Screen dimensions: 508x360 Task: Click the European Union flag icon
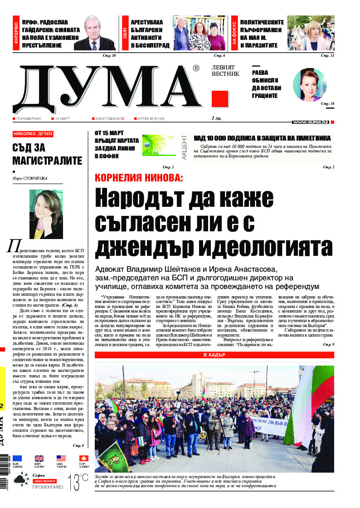(x=17, y=458)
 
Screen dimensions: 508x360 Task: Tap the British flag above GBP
(x=39, y=458)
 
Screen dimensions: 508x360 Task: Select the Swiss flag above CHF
(x=83, y=458)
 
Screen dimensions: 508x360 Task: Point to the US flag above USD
(x=61, y=458)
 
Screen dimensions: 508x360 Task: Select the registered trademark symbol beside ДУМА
(x=195, y=68)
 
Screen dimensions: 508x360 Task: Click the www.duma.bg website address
(x=310, y=122)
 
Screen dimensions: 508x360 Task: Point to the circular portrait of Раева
(x=310, y=85)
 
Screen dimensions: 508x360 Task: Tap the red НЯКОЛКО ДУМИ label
(x=33, y=134)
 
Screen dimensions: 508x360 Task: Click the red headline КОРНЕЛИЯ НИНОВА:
(x=139, y=178)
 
